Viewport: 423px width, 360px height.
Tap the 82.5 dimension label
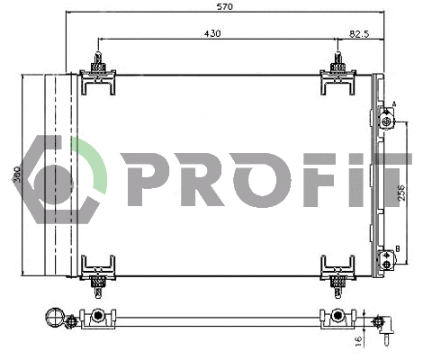tap(357, 33)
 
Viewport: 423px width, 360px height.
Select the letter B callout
tap(397, 249)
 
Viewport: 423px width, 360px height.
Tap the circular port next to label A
tap(387, 121)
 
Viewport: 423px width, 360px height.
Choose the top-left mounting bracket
tap(97, 76)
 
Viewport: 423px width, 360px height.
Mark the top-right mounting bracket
tap(338, 76)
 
